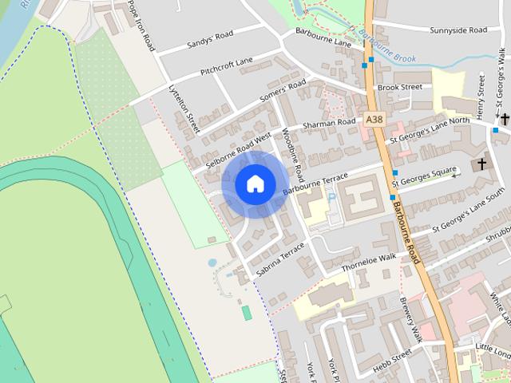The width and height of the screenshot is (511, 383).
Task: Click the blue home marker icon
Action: click(255, 184)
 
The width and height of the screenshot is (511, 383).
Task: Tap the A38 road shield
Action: click(374, 120)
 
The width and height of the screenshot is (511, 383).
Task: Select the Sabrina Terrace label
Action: click(279, 260)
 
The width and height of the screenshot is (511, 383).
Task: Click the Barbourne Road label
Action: click(406, 231)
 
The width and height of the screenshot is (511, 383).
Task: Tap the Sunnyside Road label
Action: click(458, 30)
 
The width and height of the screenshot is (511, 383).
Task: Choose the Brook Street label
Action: click(399, 87)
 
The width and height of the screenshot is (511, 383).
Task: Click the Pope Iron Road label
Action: click(141, 26)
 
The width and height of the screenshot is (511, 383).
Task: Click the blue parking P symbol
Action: click(332, 196)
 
